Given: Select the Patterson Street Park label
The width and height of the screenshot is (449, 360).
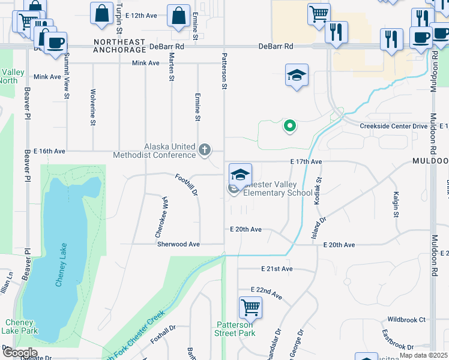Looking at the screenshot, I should [236, 329].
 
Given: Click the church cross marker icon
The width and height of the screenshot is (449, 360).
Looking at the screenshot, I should [204, 149].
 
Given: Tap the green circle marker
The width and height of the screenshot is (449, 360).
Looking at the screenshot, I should [289, 125].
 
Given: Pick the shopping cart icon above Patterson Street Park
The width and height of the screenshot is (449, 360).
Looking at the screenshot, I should [251, 308].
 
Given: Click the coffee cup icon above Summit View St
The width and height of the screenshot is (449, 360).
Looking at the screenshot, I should [55, 43].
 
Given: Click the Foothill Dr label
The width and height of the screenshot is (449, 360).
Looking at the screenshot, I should [186, 184].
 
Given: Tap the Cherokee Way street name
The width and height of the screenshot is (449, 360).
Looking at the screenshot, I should [162, 211].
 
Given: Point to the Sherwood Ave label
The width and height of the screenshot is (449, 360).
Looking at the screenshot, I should [178, 244].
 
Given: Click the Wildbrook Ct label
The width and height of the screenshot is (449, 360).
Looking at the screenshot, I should [406, 320].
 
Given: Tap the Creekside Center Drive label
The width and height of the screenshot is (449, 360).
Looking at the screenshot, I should [394, 126].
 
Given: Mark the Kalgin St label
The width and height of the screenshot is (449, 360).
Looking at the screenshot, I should [396, 205].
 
